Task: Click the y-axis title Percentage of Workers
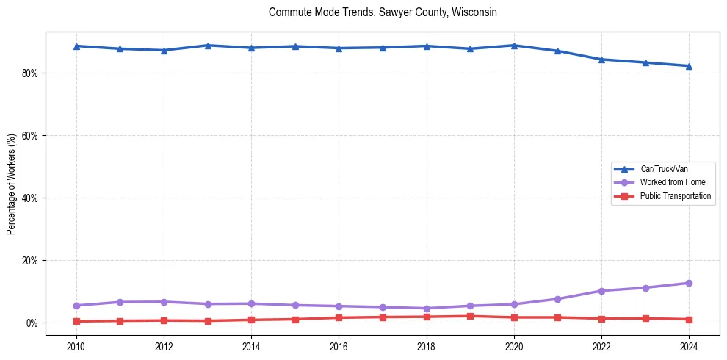pyautogui.click(x=12, y=184)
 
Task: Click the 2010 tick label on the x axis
pyautogui.click(x=76, y=345)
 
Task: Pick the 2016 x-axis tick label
pyautogui.click(x=339, y=345)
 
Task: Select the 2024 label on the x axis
pyautogui.click(x=689, y=345)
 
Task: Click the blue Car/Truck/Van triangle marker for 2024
pyautogui.click(x=689, y=66)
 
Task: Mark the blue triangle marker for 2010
pyautogui.click(x=76, y=46)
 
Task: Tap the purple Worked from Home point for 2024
pyautogui.click(x=689, y=283)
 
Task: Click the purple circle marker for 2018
pyautogui.click(x=426, y=309)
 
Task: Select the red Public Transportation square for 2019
pyautogui.click(x=470, y=317)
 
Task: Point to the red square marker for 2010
pyautogui.click(x=76, y=322)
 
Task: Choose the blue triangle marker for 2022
pyautogui.click(x=601, y=60)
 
